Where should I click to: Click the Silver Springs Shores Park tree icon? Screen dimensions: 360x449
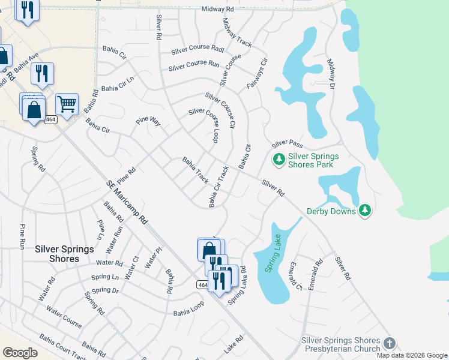(279, 159)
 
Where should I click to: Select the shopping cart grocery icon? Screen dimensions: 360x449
(67, 103)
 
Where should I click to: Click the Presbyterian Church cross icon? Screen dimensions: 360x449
(390, 343)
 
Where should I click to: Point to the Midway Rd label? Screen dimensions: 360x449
(217, 9)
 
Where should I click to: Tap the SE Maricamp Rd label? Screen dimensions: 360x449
(127, 202)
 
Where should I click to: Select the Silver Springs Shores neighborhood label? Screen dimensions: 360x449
(65, 254)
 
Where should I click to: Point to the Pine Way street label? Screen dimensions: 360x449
(148, 121)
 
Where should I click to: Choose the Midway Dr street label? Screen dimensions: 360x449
(331, 74)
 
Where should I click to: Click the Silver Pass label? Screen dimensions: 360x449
(287, 145)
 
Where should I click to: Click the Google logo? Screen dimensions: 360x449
(19, 352)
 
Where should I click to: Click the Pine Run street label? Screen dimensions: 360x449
(23, 236)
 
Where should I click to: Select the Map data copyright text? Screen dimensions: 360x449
(412, 355)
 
